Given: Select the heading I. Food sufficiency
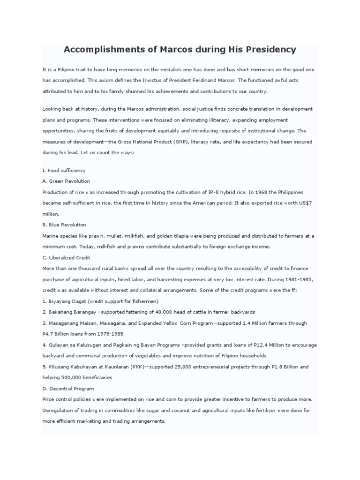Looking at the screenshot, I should (64, 170).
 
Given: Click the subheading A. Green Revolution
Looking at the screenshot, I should (66, 181).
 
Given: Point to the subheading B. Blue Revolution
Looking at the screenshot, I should (64, 225).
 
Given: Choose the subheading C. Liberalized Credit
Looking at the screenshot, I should (67, 257).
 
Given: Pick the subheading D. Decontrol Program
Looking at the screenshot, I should (68, 389).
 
